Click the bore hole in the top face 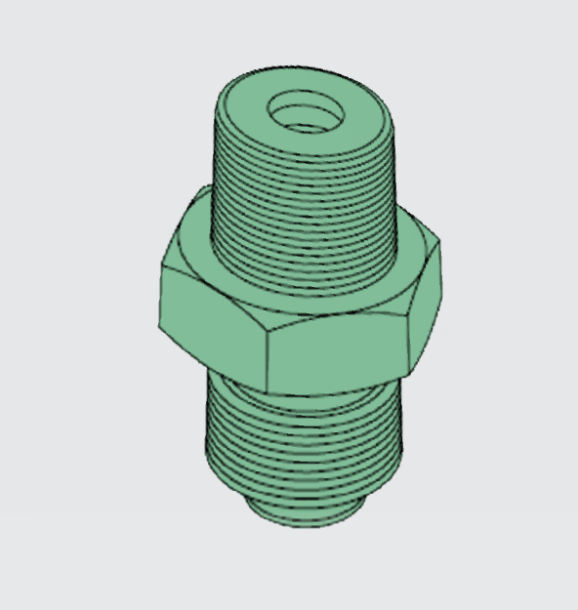306,112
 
